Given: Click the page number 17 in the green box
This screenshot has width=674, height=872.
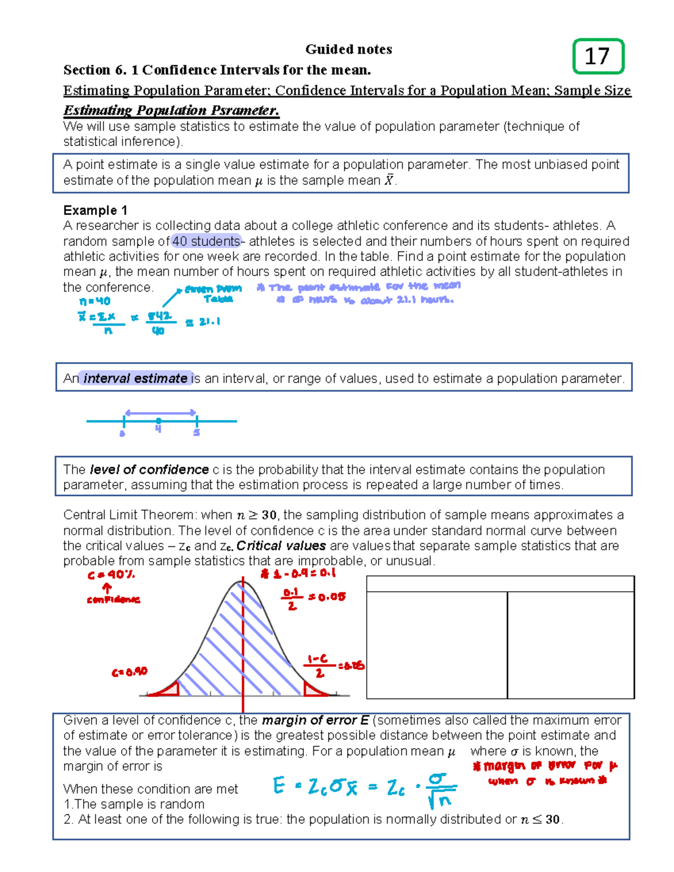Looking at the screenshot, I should pyautogui.click(x=597, y=56).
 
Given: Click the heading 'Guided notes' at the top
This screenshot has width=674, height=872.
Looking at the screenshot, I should pyautogui.click(x=348, y=49).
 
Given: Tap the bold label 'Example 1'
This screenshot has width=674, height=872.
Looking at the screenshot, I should pyautogui.click(x=95, y=211).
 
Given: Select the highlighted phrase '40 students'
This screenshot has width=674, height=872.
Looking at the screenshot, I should pyautogui.click(x=206, y=241).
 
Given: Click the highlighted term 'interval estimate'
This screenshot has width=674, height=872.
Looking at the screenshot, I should pyautogui.click(x=135, y=378).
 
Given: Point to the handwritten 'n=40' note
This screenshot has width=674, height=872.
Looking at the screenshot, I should pyautogui.click(x=95, y=302).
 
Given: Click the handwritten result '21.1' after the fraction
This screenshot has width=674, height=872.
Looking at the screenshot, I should pyautogui.click(x=210, y=322).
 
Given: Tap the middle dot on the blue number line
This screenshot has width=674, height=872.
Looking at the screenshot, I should pyautogui.click(x=159, y=421).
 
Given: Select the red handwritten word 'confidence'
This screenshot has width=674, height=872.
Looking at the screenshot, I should pyautogui.click(x=113, y=600).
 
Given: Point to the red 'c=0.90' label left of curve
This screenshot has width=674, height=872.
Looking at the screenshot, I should pyautogui.click(x=129, y=672).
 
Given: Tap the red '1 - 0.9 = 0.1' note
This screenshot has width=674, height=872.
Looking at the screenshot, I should pyautogui.click(x=298, y=573).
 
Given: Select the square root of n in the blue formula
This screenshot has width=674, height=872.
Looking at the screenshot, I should pyautogui.click(x=440, y=800).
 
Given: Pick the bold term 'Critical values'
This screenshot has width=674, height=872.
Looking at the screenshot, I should pyautogui.click(x=281, y=546).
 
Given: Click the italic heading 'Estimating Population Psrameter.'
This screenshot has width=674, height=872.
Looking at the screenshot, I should pyautogui.click(x=171, y=110).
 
